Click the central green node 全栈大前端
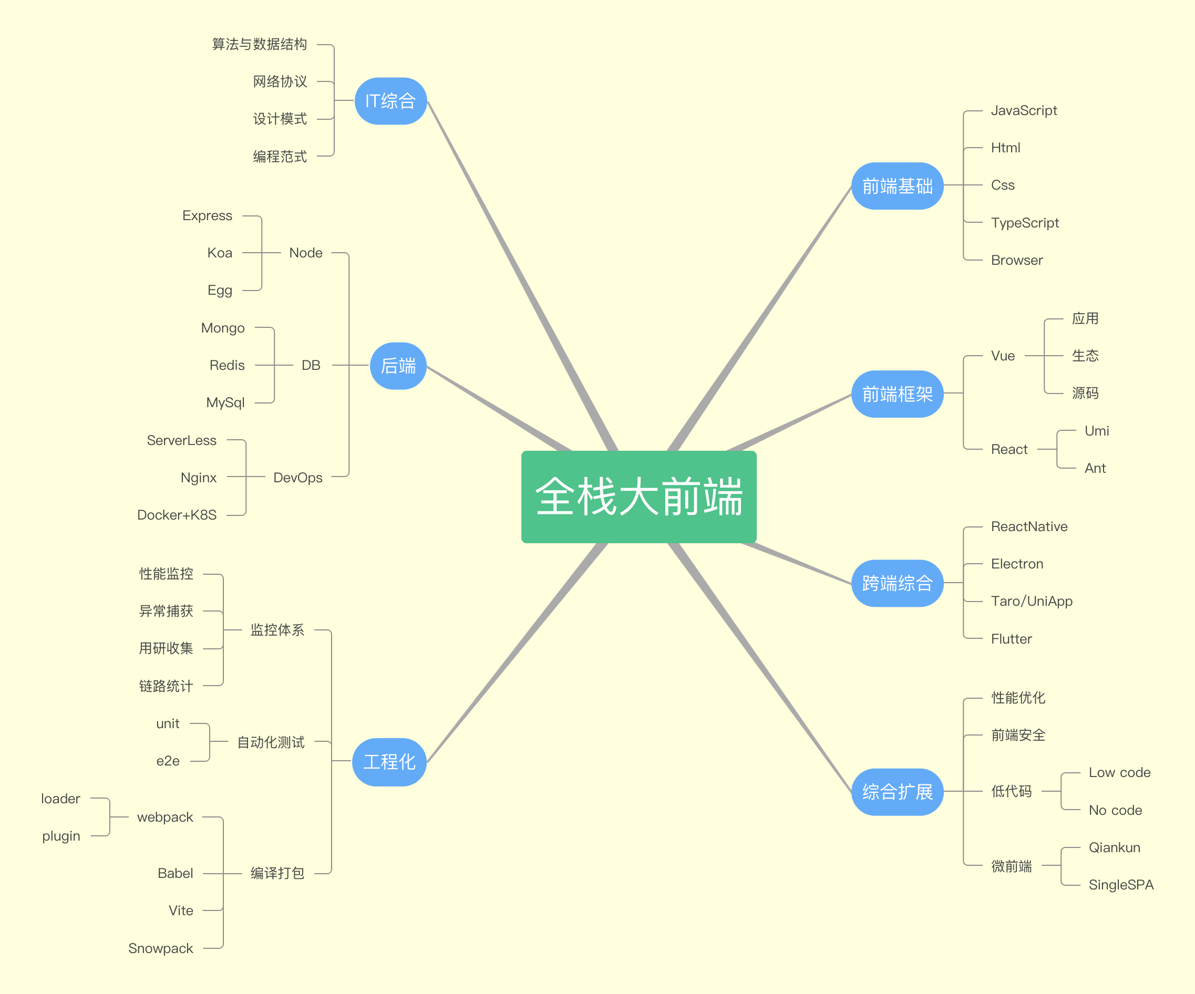[638, 496]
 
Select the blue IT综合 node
[390, 101]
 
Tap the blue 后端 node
[398, 366]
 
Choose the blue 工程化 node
[389, 762]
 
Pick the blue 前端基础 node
[898, 186]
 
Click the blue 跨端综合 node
[898, 583]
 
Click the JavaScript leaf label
[1024, 110]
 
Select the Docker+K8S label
[177, 515]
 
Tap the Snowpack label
[160, 948]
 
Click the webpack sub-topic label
[165, 817]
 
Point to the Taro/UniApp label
[1032, 602]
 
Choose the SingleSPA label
[1121, 885]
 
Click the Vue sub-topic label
[1003, 356]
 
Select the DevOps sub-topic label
[297, 478]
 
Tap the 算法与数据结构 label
[260, 44]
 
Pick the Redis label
[227, 365]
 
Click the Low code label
[1119, 773]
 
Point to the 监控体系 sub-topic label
[277, 630]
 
